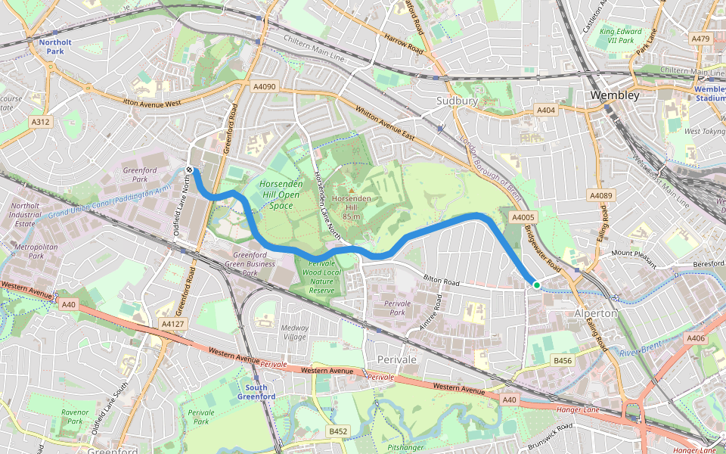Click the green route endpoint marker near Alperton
coord(536,285)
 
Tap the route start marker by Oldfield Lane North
coord(189,169)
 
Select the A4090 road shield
coord(264,87)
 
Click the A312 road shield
coord(40,121)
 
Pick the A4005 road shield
coord(523,218)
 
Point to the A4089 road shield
coord(600,196)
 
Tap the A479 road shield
coord(700,39)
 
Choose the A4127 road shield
coord(172,324)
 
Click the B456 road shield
coord(562,360)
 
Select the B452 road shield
coord(338,431)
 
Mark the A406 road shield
coord(697,338)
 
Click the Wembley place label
coord(614,95)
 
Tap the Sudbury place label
coord(457,101)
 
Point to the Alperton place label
coord(596,313)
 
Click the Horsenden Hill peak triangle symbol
coord(350,189)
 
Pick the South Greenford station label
coord(251,392)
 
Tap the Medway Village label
coord(295,332)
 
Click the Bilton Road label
coord(441,281)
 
